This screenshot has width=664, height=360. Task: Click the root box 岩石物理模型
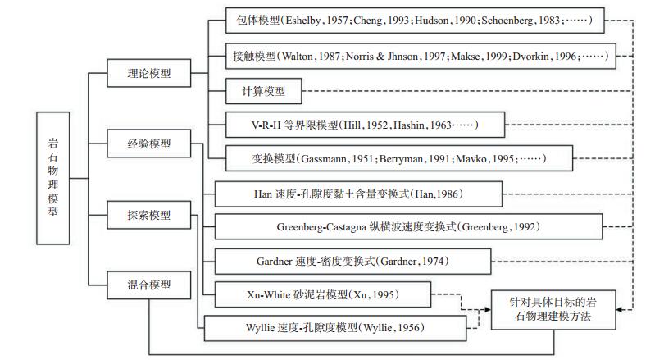(53, 178)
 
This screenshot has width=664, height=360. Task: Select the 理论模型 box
(149, 73)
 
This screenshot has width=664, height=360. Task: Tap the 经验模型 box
(149, 144)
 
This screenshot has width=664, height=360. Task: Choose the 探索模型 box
(149, 215)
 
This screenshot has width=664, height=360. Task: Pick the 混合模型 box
(149, 285)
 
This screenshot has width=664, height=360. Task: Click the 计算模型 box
(263, 91)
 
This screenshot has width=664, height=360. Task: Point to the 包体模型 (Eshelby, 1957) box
(415, 21)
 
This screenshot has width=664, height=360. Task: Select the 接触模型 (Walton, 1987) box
(421, 56)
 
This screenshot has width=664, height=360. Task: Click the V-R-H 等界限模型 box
(365, 125)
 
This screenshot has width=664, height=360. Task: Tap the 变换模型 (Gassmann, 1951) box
(399, 159)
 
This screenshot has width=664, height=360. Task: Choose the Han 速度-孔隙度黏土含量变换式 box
(359, 194)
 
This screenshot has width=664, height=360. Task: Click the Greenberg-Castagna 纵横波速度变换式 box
(409, 226)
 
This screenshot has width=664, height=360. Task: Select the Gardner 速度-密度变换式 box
(352, 262)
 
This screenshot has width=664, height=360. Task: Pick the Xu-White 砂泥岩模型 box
(323, 294)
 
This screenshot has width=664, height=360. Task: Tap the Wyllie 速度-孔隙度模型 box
(335, 328)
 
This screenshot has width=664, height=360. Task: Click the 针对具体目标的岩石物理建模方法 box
(553, 310)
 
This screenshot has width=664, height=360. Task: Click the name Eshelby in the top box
(302, 21)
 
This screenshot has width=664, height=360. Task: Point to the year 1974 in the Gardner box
(431, 262)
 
